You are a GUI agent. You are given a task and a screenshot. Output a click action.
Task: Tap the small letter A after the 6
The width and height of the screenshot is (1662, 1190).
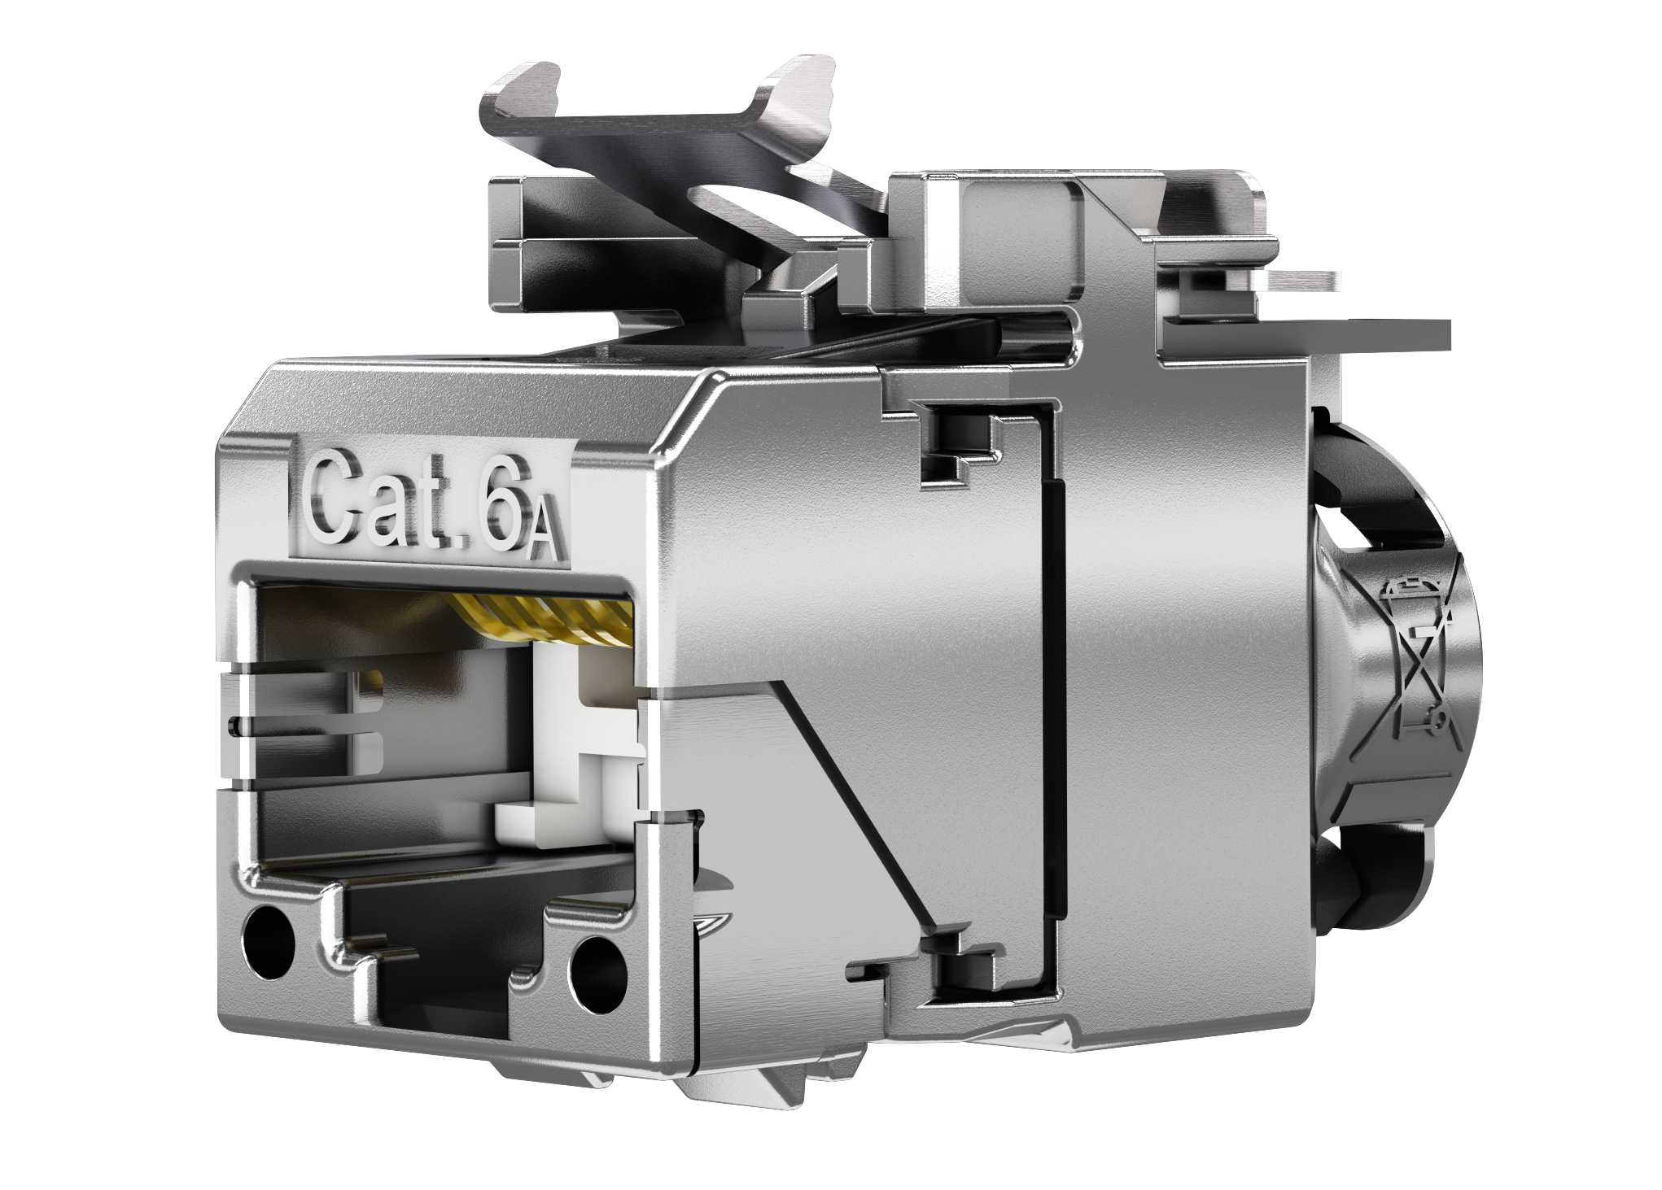pos(542,537)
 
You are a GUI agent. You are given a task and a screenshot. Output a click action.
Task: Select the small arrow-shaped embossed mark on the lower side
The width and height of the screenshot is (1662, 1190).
pos(713,923)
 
